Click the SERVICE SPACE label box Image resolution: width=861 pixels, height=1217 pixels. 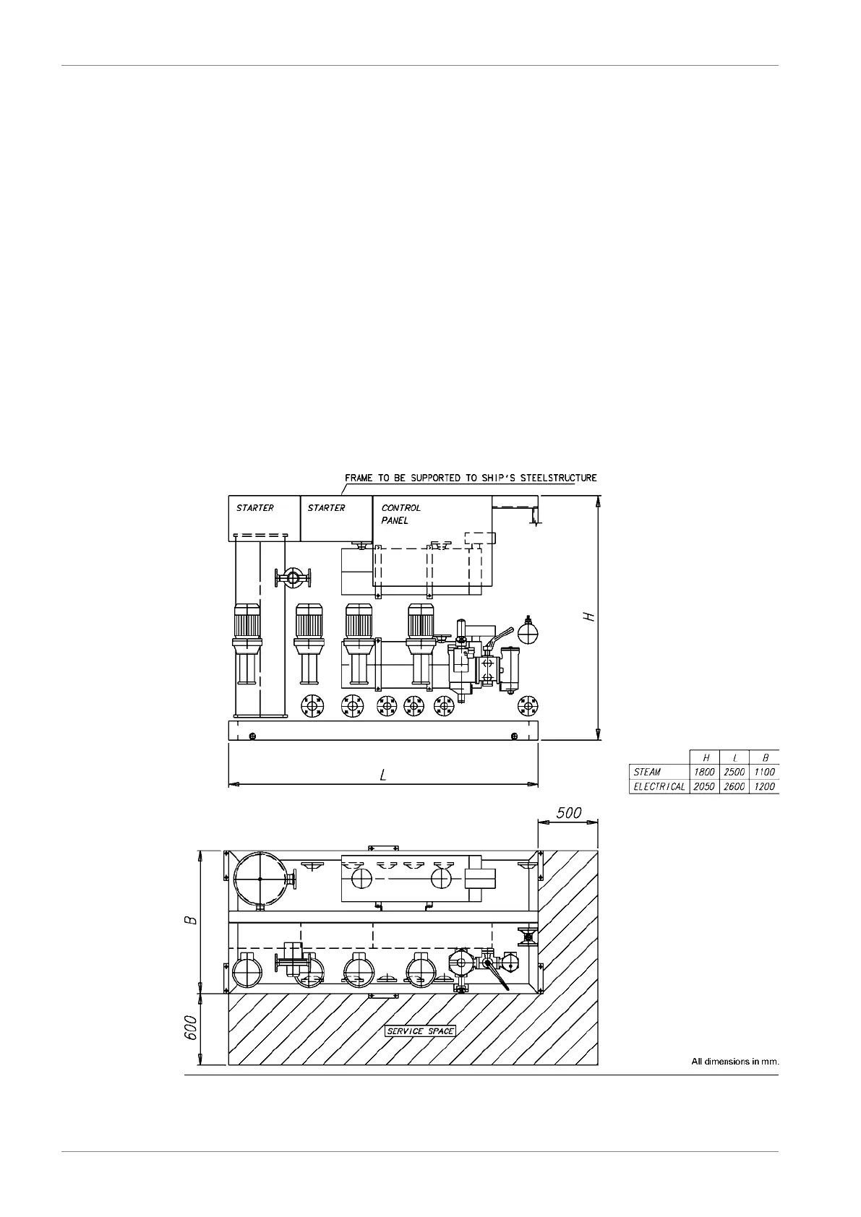420,1031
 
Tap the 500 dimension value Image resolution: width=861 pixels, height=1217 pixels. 568,812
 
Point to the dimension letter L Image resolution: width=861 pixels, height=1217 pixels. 383,775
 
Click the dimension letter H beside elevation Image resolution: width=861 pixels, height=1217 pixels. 589,616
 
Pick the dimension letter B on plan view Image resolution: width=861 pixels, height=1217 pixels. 189,921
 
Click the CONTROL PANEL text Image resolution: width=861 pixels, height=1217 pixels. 400,513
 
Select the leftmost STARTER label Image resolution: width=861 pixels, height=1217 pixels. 254,508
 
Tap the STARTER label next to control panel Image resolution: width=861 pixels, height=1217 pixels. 326,508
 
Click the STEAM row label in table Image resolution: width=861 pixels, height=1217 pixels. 647,772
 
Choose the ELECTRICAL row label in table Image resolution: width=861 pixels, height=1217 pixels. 659,786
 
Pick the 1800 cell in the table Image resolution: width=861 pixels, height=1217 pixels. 704,772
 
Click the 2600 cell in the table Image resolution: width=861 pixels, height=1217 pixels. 734,786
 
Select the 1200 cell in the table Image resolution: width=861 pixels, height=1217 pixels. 764,786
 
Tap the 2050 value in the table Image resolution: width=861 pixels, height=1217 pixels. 704,786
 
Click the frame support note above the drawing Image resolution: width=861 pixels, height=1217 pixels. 471,478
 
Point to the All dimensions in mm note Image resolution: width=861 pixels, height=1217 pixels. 734,1062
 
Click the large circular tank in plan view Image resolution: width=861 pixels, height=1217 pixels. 260,878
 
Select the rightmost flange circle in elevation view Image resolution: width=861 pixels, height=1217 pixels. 527,705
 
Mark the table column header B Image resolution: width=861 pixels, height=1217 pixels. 765,757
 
